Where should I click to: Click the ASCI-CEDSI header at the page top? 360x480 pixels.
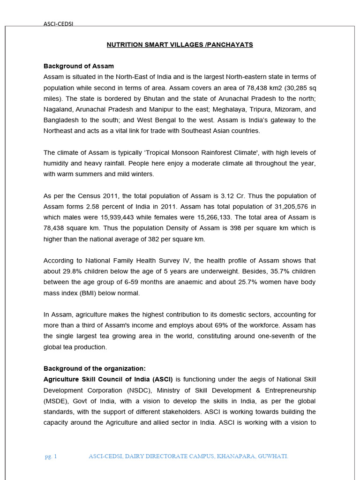point(58,24)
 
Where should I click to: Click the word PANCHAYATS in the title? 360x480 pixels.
point(231,45)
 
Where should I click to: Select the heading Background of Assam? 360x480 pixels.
point(78,66)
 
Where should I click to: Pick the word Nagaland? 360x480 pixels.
point(58,109)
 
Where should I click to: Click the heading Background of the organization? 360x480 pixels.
point(95,368)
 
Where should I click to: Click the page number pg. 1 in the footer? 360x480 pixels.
point(51,456)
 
